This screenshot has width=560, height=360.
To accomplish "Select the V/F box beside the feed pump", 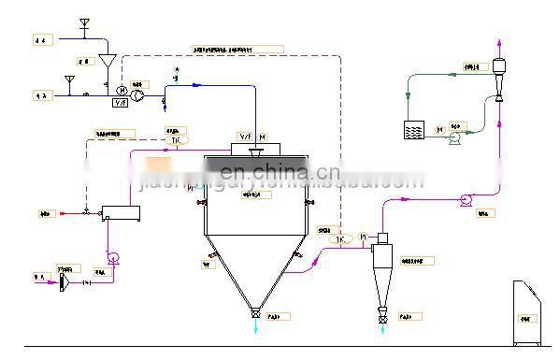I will [x=120, y=103].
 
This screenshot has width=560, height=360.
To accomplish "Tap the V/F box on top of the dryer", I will [x=246, y=137].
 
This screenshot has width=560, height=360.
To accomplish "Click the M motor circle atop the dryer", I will [x=262, y=137].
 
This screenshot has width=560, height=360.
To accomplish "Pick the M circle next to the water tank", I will [x=439, y=129].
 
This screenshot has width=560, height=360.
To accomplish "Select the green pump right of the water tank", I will [x=455, y=138].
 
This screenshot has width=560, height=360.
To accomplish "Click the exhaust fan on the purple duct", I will [x=465, y=200].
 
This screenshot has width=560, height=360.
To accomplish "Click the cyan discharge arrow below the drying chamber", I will [x=254, y=326].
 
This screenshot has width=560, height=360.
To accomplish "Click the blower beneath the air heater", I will [x=113, y=258].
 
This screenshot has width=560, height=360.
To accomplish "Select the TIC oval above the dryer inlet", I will [x=177, y=139].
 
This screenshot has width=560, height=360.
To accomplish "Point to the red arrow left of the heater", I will [x=63, y=212].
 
